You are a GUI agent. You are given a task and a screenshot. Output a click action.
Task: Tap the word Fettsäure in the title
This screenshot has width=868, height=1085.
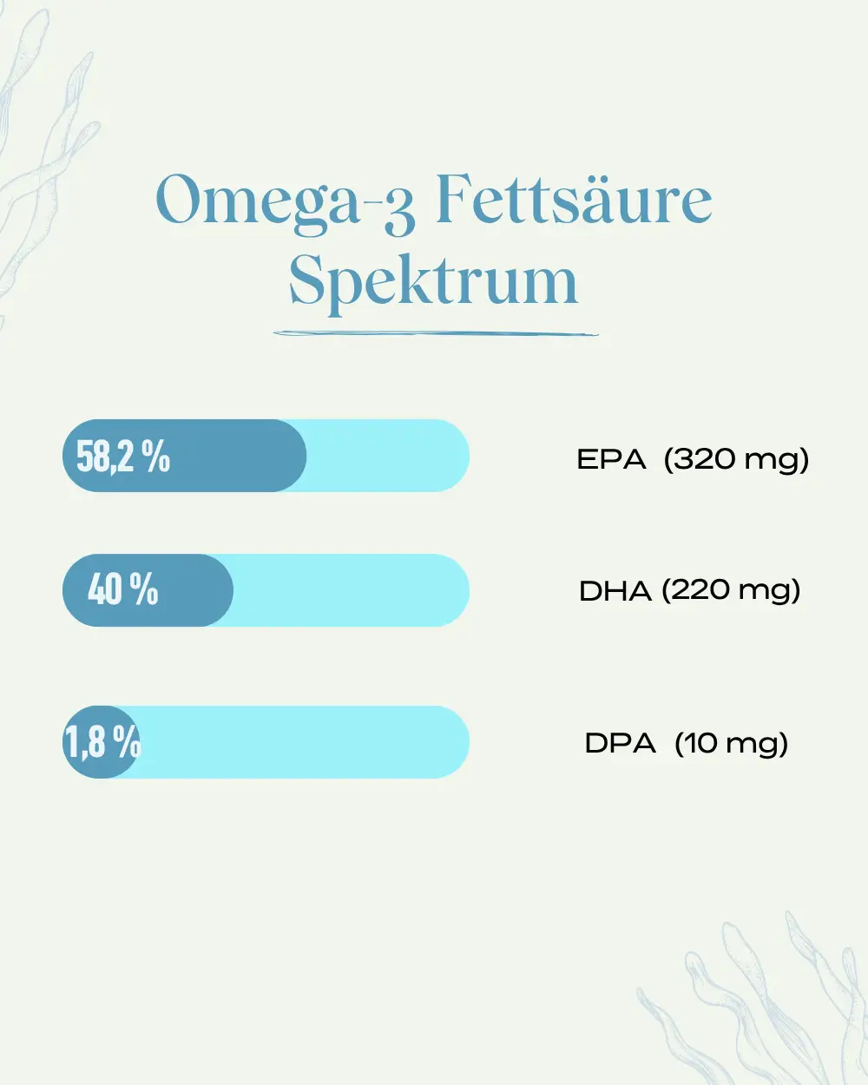(x=575, y=199)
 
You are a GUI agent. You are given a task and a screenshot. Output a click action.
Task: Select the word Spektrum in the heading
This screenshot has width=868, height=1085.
(x=434, y=281)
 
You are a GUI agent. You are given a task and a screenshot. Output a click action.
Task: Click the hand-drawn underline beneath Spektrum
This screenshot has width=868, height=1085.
(x=436, y=333)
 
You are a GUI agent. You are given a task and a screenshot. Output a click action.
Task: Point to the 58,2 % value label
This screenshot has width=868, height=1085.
(x=123, y=456)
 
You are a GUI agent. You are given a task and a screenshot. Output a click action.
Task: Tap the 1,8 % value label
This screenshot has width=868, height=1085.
(x=102, y=741)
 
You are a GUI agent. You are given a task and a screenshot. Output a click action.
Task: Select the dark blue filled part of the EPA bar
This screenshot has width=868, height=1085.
(x=185, y=456)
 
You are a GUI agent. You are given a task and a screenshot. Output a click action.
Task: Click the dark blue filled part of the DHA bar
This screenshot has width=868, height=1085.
(x=148, y=590)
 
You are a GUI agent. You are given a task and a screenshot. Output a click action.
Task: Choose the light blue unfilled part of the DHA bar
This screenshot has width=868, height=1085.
(x=352, y=590)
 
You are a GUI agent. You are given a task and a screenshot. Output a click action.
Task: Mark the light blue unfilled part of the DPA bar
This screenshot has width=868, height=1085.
(x=304, y=742)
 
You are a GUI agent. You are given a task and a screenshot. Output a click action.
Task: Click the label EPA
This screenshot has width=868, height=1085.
(x=611, y=459)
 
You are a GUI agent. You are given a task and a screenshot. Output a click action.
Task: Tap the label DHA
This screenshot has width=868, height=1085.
(x=615, y=591)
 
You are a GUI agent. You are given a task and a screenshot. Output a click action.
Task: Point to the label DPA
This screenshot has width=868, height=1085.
(x=620, y=743)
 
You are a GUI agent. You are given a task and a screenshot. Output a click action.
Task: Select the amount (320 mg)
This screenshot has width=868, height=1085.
(x=736, y=460)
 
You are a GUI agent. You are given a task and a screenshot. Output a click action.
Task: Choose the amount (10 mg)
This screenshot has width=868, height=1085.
(x=732, y=744)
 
